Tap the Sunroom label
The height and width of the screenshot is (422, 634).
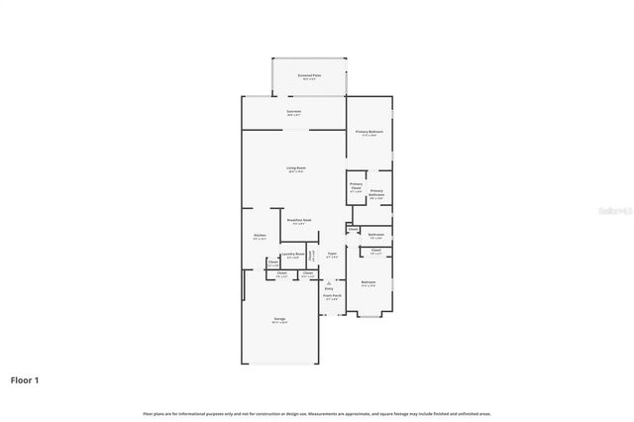pos(294,111)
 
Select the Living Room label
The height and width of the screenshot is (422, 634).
pos(295,167)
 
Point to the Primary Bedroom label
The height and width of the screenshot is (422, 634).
pos(370,132)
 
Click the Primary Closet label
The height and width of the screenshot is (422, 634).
pos(356,186)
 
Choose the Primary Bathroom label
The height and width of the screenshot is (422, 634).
pos(376,192)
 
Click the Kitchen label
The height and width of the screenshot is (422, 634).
pos(260,235)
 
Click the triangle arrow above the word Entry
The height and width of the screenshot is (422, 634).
pos(329,283)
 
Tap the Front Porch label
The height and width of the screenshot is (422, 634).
pos(332,295)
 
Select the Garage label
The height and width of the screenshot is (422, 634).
pos(279,318)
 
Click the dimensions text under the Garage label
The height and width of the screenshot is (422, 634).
pos(279,323)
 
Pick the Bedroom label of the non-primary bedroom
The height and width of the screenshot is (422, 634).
pos(369,282)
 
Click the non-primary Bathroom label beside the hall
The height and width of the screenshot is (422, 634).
pos(376,235)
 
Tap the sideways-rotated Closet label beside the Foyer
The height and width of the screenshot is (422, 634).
pos(310,255)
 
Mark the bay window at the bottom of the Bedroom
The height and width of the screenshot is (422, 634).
pos(369,315)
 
